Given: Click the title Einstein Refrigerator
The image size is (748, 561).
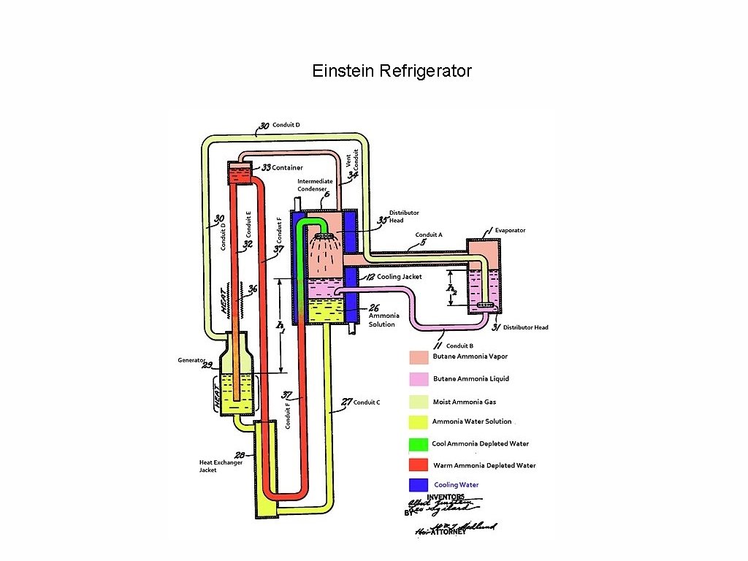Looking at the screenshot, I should pyautogui.click(x=392, y=71).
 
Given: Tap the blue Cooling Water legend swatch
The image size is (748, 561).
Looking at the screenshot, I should pyautogui.click(x=418, y=485).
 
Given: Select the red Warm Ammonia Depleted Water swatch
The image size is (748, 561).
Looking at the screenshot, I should pyautogui.click(x=418, y=465).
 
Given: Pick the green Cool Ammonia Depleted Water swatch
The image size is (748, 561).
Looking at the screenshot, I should pyautogui.click(x=418, y=443).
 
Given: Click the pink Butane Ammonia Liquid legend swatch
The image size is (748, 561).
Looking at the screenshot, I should pyautogui.click(x=419, y=378).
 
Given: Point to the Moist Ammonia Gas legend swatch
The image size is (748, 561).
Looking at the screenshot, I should pyautogui.click(x=419, y=401).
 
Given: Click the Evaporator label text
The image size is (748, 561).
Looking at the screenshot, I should pyautogui.click(x=510, y=230).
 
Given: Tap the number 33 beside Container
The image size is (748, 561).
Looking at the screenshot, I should pyautogui.click(x=267, y=167).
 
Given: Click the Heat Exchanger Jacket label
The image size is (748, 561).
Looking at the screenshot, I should pyautogui.click(x=221, y=466).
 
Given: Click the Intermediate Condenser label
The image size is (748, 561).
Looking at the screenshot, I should pyautogui.click(x=315, y=185).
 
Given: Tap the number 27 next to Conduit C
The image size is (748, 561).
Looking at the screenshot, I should pyautogui.click(x=346, y=402).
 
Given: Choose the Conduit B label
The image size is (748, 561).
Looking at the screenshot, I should pyautogui.click(x=459, y=346).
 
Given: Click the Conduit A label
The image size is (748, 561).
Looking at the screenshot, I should pyautogui.click(x=429, y=234).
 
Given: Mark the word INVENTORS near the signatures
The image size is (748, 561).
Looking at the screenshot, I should pyautogui.click(x=446, y=497).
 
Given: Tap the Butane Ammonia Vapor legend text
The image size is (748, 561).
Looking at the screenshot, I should pyautogui.click(x=470, y=356).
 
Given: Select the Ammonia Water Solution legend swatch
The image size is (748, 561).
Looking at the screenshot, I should pyautogui.click(x=418, y=422).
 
